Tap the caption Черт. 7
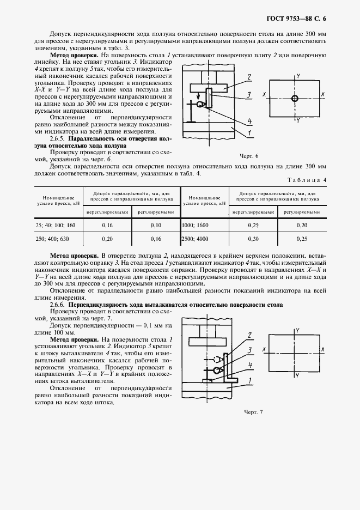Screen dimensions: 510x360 [x=253, y=412]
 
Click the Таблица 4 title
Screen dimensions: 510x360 [x=306, y=180]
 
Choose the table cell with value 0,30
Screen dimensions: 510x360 [x=253, y=239]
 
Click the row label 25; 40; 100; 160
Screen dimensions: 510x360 [x=56, y=225]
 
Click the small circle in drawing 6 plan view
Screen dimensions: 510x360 [x=295, y=99]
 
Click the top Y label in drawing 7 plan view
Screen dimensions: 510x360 [x=297, y=330]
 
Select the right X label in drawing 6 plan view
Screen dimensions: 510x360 [x=323, y=95]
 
